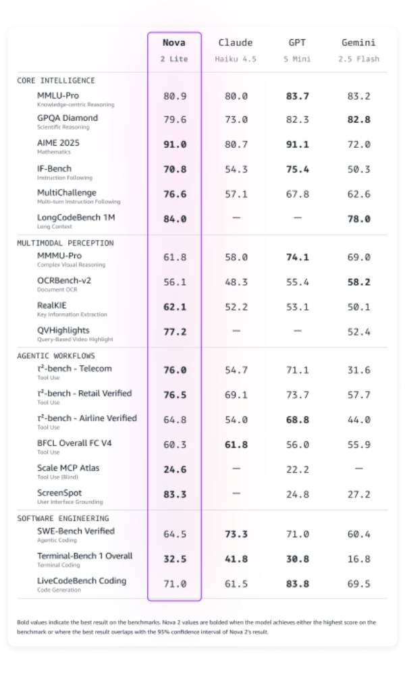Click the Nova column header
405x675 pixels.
(x=174, y=43)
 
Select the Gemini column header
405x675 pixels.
(x=358, y=43)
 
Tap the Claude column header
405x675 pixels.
(x=236, y=43)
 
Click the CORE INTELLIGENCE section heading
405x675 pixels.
(x=56, y=80)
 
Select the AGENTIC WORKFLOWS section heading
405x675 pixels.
(x=56, y=356)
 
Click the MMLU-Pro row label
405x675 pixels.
(x=58, y=95)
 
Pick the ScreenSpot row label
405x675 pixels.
(x=59, y=493)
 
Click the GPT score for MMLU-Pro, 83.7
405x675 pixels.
(x=297, y=97)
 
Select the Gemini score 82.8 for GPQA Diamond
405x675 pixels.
(x=358, y=119)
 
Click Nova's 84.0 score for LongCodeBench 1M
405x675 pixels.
(x=174, y=219)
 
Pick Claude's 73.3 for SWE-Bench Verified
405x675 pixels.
(x=236, y=535)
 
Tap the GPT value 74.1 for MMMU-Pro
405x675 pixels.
(x=297, y=257)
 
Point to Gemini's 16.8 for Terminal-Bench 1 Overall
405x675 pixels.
(x=358, y=559)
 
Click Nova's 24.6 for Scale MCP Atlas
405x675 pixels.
(x=174, y=470)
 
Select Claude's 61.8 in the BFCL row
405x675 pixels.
(x=236, y=445)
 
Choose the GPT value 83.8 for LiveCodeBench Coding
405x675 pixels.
(x=297, y=584)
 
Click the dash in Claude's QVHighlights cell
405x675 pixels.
(x=236, y=331)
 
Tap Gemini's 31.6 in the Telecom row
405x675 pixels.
(x=358, y=370)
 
